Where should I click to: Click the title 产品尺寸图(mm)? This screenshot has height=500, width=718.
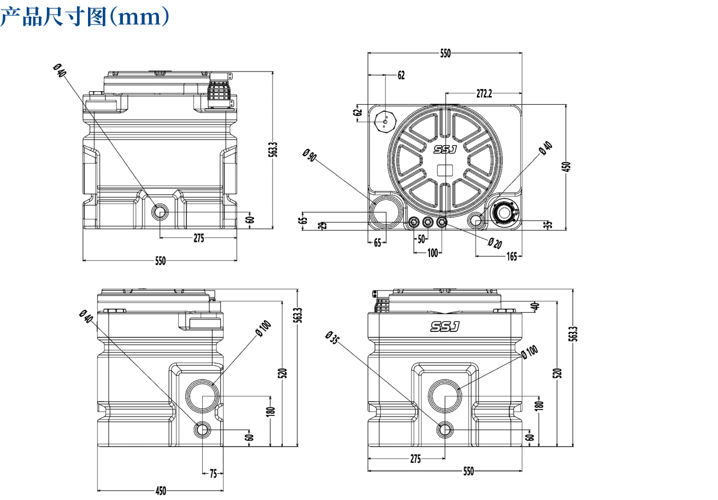84,16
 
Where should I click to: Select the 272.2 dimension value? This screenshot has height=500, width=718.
484,94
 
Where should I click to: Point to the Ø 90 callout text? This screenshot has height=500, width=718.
309,156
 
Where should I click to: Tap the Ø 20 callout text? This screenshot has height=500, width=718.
495,243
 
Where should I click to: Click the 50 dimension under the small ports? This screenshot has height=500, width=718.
421,239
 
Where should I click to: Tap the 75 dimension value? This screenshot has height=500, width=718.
213,474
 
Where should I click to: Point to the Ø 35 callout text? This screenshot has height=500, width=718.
332,339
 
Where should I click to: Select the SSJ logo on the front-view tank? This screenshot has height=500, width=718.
445,326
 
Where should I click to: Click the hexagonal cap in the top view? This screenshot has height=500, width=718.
385,121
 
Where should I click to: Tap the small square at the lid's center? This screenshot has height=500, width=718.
446,170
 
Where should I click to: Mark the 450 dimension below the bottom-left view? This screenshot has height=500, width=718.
161,491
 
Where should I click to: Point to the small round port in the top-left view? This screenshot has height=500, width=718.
160,212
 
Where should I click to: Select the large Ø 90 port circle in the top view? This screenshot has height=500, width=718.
386,211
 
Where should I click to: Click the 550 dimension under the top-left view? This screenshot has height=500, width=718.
160,261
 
